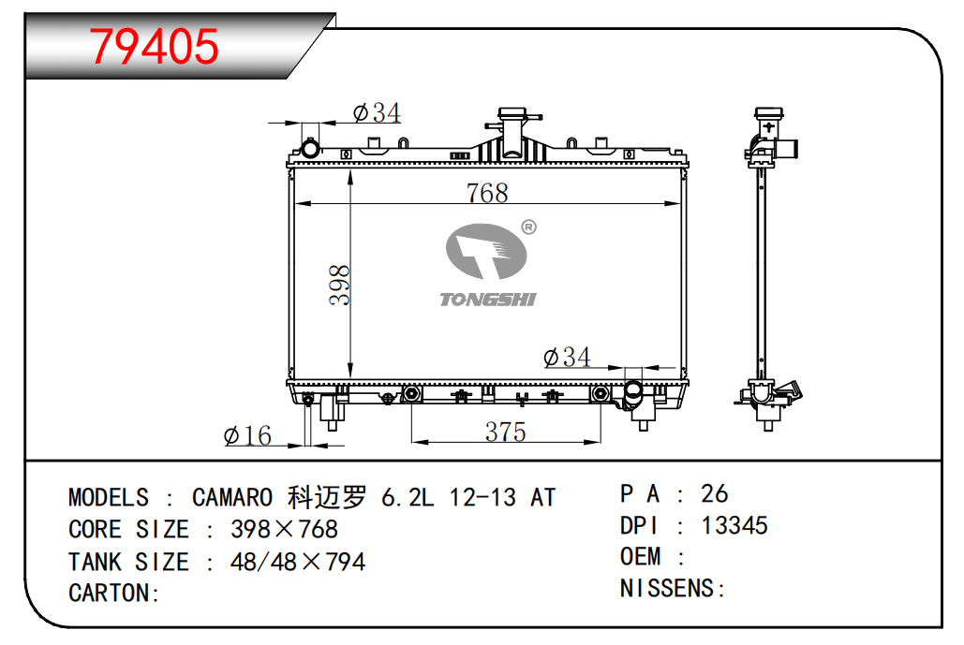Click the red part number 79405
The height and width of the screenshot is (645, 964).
point(154,47)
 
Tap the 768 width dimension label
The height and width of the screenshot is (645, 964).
point(487,193)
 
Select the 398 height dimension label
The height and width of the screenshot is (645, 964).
point(339,285)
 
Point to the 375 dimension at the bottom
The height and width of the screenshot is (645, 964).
point(505,432)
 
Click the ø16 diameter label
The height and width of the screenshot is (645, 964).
point(247,435)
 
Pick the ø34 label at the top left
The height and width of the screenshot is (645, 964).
point(377,112)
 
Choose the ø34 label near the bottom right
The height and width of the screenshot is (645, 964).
point(567,357)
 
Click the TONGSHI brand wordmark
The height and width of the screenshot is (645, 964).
point(488,300)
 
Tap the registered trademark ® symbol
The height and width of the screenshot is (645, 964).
point(528,227)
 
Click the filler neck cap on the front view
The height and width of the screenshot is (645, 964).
point(512,114)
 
